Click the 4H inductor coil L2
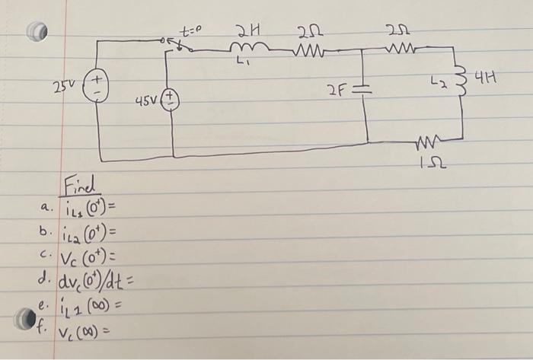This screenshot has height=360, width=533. [x=460, y=79]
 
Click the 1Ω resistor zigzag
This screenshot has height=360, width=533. [x=428, y=142]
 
